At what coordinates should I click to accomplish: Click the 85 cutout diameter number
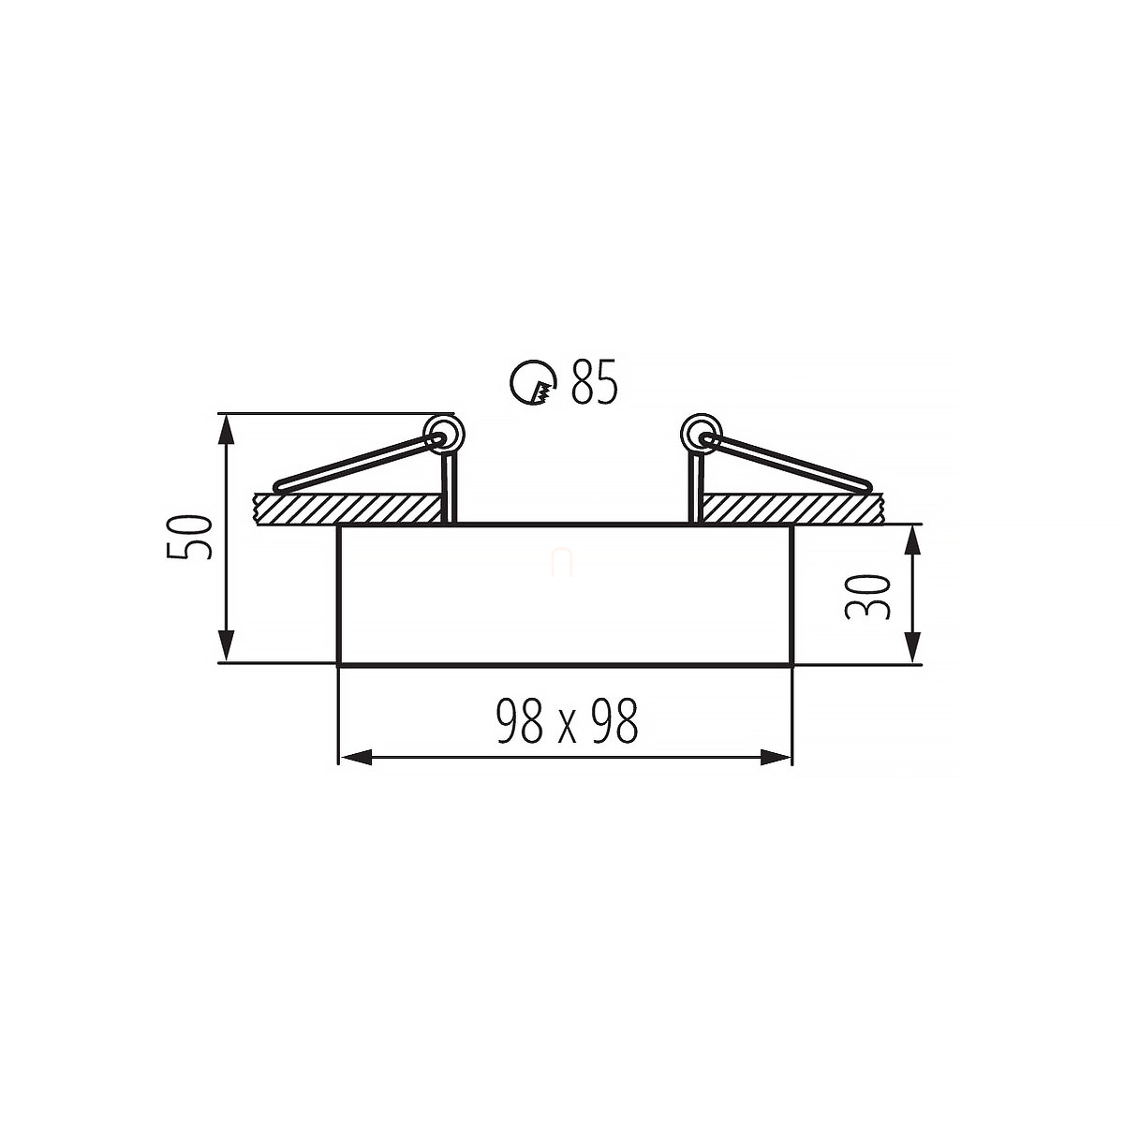coord(593,382)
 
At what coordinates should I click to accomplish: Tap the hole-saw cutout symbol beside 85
coord(533,383)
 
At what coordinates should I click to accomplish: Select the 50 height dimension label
coord(189,538)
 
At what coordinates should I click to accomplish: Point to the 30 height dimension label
coord(867,597)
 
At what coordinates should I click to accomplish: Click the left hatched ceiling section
coord(348,509)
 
